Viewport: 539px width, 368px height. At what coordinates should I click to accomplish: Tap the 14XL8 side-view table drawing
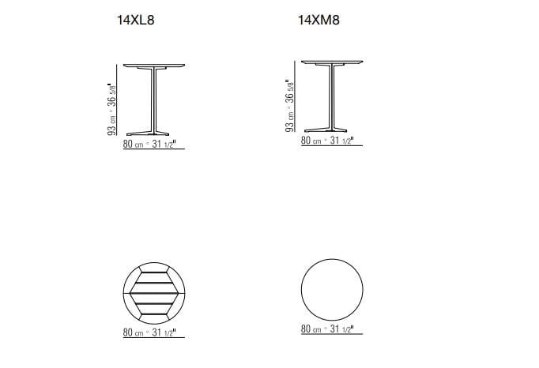(x=154, y=100)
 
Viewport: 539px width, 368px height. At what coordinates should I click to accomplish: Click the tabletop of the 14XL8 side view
(x=154, y=66)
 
